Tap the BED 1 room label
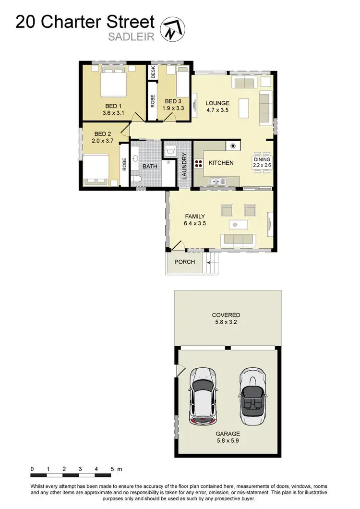click(113, 106)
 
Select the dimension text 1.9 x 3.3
click(172, 109)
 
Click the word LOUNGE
click(217, 103)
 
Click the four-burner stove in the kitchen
click(198, 163)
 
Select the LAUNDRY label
click(184, 166)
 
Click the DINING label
click(263, 159)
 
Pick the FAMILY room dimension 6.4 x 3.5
click(195, 223)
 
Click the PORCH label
click(185, 262)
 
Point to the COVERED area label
click(226, 315)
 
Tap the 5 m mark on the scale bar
click(113, 468)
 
